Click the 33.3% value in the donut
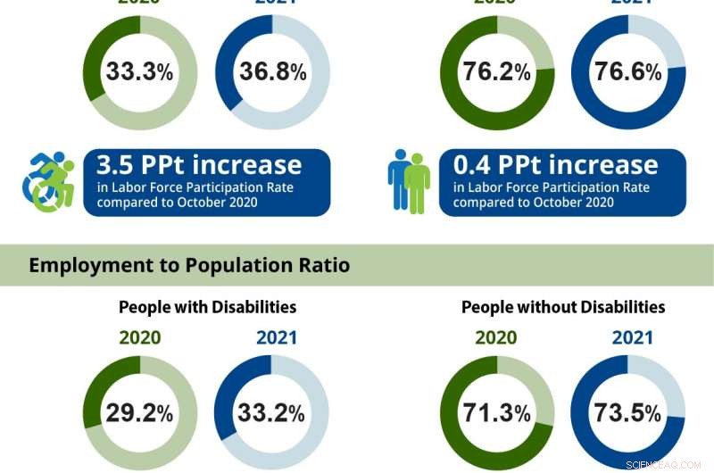(139, 72)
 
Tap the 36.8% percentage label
(272, 72)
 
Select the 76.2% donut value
(497, 72)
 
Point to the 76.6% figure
(628, 72)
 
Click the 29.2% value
(139, 413)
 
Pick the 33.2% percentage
(271, 413)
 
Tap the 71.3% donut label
(497, 413)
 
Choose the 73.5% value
(628, 413)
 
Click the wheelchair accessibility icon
(48, 182)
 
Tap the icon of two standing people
(409, 181)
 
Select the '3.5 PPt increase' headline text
(199, 165)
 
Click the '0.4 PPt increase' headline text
(555, 165)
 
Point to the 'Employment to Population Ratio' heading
(189, 265)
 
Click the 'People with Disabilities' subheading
(207, 307)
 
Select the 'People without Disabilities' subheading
(563, 307)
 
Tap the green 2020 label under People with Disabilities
(139, 338)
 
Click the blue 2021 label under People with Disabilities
(276, 338)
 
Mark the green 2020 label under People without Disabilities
(497, 338)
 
